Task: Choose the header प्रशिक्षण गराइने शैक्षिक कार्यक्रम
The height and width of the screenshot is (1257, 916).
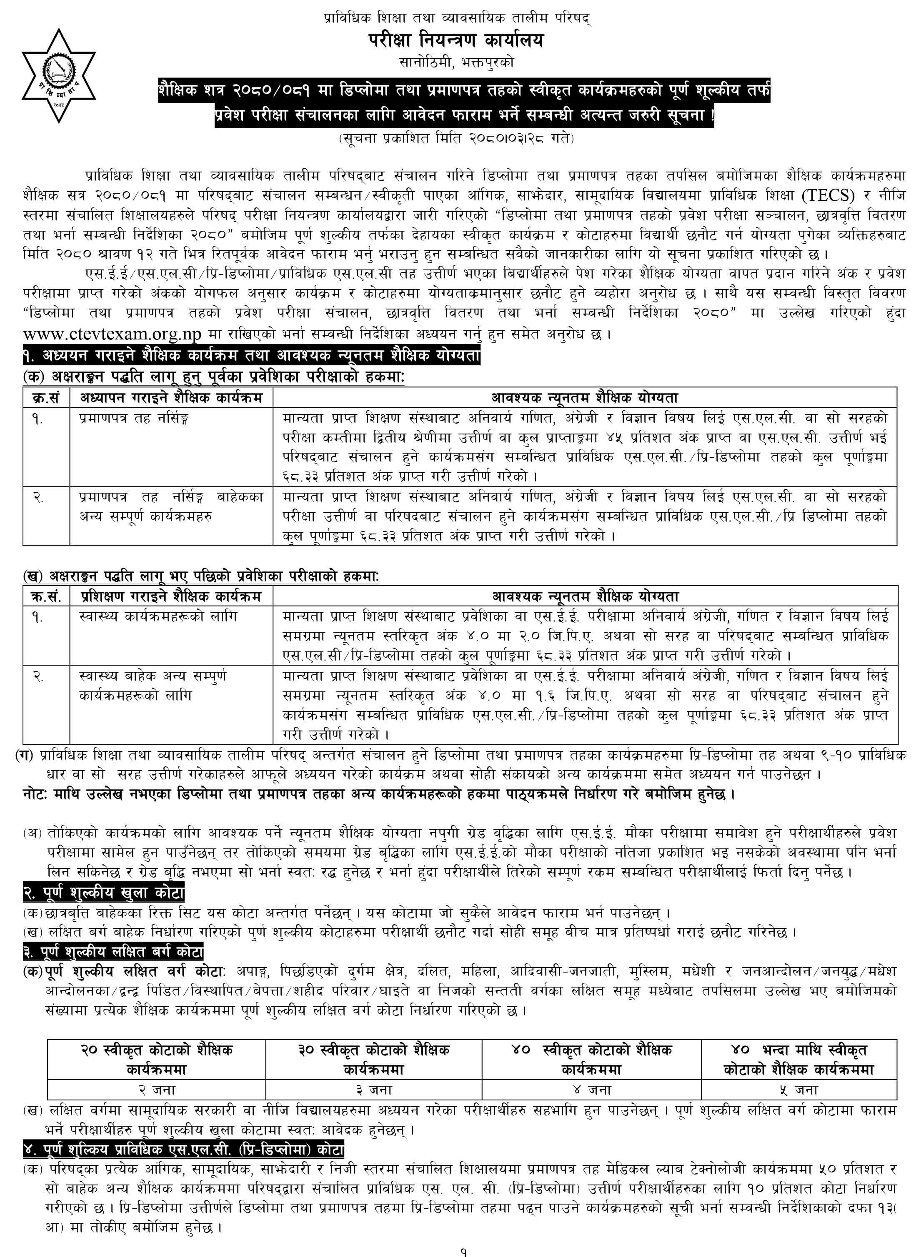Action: click(x=171, y=596)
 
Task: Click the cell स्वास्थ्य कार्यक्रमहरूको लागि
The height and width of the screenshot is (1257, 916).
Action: click(x=158, y=616)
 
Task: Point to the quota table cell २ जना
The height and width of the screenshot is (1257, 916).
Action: click(x=157, y=1090)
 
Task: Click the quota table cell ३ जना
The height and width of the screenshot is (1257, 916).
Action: click(x=374, y=1090)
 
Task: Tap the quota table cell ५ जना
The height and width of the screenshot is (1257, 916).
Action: click(x=798, y=1090)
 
